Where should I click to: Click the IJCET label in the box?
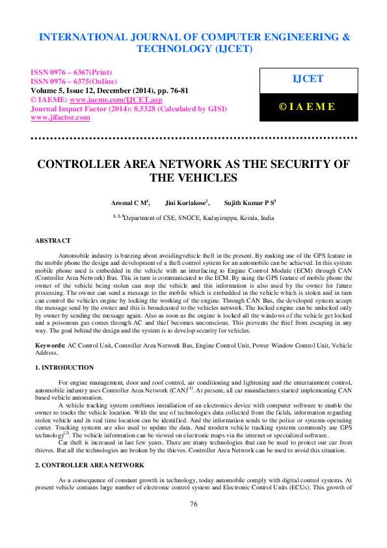pyautogui.click(x=308, y=79)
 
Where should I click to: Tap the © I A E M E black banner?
pyautogui.click(x=307, y=107)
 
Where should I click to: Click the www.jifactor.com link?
pyautogui.click(x=60, y=118)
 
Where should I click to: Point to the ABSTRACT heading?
pyautogui.click(x=53, y=241)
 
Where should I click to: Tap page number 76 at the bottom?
pyautogui.click(x=193, y=523)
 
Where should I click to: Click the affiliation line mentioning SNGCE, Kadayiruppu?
pyautogui.click(x=193, y=219)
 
